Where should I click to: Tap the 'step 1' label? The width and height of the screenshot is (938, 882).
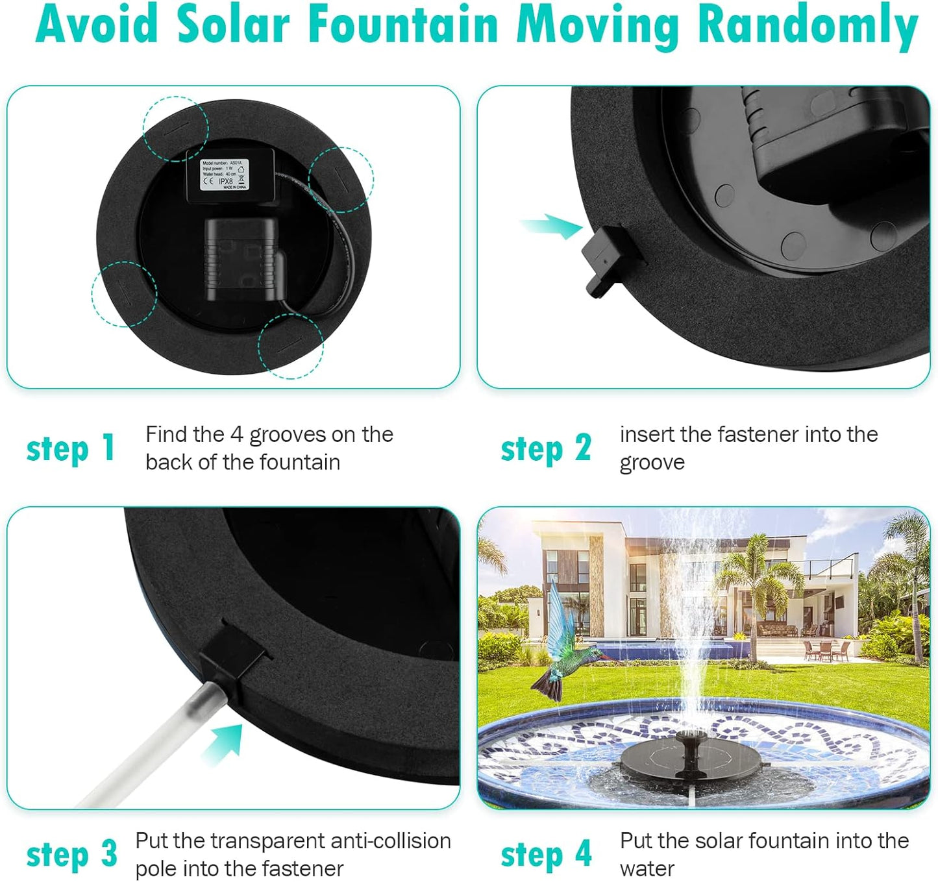coord(71,448)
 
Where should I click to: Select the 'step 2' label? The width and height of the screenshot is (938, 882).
coord(545,448)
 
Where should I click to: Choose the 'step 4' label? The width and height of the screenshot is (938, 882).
coord(545,854)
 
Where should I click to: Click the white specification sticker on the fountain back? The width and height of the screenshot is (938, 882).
coord(224,174)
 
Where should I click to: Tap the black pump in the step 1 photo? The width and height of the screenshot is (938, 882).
coord(242,260)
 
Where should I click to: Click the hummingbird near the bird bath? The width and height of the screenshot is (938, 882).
coord(562,646)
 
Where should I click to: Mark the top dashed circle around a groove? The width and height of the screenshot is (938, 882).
coord(175,128)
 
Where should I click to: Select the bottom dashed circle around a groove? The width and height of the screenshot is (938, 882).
coord(290,345)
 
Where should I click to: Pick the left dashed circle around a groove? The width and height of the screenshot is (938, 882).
coord(124,294)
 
